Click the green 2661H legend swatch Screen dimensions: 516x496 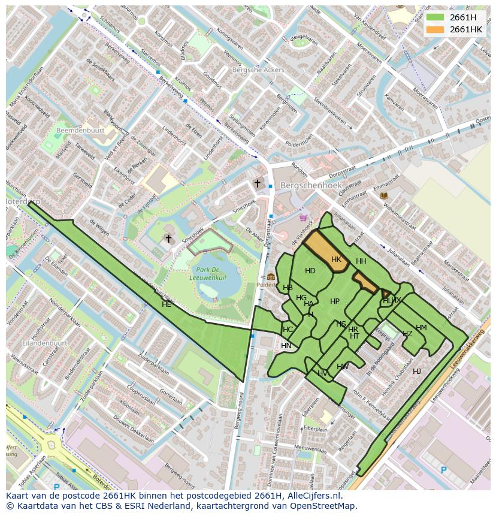click(x=435, y=17)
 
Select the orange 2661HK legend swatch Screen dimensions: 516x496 click(x=435, y=29)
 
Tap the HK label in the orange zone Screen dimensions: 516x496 click(x=336, y=259)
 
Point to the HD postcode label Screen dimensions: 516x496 click(x=310, y=271)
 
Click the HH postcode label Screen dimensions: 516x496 click(x=361, y=261)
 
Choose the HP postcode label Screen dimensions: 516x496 click(x=335, y=301)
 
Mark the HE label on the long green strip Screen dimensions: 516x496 click(x=167, y=304)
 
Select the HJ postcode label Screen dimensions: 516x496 click(x=416, y=372)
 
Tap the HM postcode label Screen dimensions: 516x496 click(x=421, y=328)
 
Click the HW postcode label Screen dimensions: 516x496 click(x=343, y=367)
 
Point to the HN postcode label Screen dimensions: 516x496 click(x=286, y=346)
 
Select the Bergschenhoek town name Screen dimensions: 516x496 click(x=311, y=186)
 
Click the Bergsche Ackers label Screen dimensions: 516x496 click(x=258, y=70)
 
